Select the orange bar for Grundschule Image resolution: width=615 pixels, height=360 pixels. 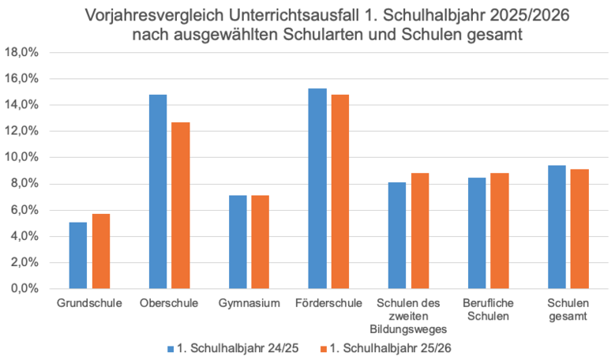101,251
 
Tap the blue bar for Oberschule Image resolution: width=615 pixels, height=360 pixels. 158,192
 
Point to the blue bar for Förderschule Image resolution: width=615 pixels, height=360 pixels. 317,189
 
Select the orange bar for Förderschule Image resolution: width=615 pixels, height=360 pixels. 340,192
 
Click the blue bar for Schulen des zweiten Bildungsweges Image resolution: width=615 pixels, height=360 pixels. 397,235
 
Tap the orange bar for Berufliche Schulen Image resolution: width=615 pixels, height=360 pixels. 500,231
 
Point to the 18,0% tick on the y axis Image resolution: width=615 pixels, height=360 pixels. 23,53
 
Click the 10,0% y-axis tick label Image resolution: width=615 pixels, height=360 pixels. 23,158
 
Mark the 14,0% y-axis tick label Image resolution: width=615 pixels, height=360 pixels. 23,105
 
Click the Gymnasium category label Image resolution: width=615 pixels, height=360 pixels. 249,303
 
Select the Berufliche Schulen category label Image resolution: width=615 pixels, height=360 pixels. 488,309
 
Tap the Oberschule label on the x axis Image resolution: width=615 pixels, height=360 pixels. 169,303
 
